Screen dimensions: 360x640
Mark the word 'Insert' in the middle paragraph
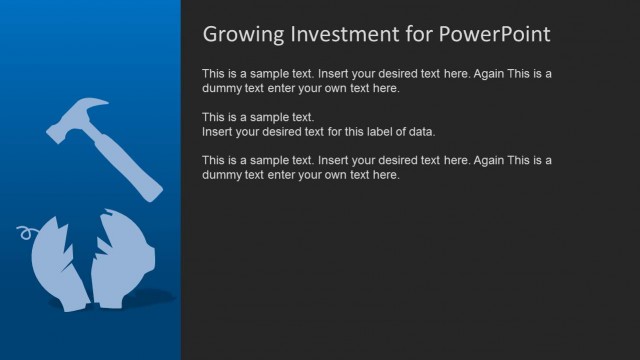[x=219, y=132]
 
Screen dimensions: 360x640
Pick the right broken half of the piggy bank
[x=124, y=262]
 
